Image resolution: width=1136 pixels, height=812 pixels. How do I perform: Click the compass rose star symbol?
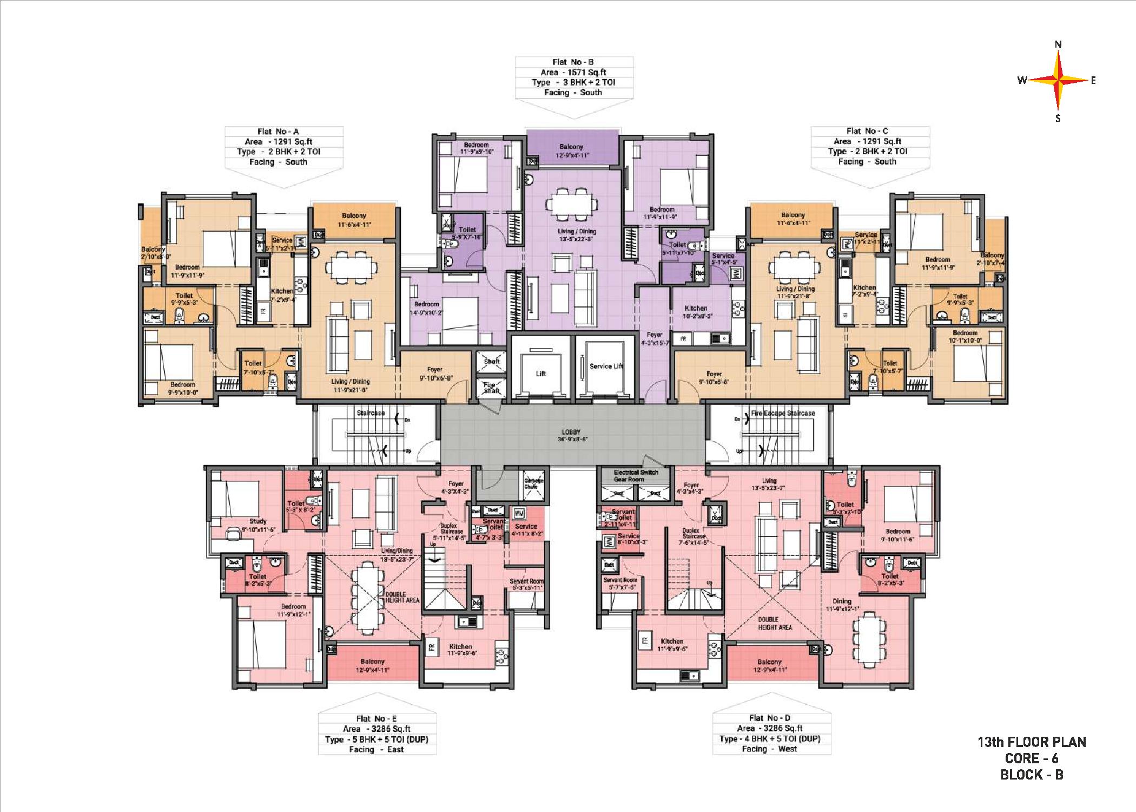tap(1058, 81)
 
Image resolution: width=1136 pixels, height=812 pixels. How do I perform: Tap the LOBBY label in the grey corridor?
tap(571, 432)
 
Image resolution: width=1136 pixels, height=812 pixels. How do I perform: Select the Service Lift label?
tap(606, 366)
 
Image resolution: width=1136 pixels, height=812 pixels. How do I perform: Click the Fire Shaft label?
tap(491, 387)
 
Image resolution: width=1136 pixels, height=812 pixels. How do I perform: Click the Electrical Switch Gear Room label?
tap(636, 475)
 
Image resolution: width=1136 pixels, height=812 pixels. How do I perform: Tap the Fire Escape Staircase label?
tap(783, 413)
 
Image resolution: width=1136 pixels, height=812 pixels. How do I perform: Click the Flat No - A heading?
tap(278, 132)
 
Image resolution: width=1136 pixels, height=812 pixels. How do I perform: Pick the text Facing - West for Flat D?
tap(769, 749)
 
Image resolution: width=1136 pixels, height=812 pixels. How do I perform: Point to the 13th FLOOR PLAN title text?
tap(1032, 742)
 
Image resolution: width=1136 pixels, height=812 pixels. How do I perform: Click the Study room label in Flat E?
tap(257, 521)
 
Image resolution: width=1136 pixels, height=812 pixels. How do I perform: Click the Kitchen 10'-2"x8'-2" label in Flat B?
tap(696, 311)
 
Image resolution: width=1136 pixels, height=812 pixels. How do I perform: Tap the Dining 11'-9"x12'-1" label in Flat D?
tap(842, 604)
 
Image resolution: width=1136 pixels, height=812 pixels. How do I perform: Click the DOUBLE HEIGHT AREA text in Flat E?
tap(402, 597)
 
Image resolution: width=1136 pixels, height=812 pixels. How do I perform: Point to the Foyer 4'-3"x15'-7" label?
tap(655, 338)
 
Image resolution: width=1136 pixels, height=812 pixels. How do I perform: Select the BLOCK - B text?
tap(1032, 775)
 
